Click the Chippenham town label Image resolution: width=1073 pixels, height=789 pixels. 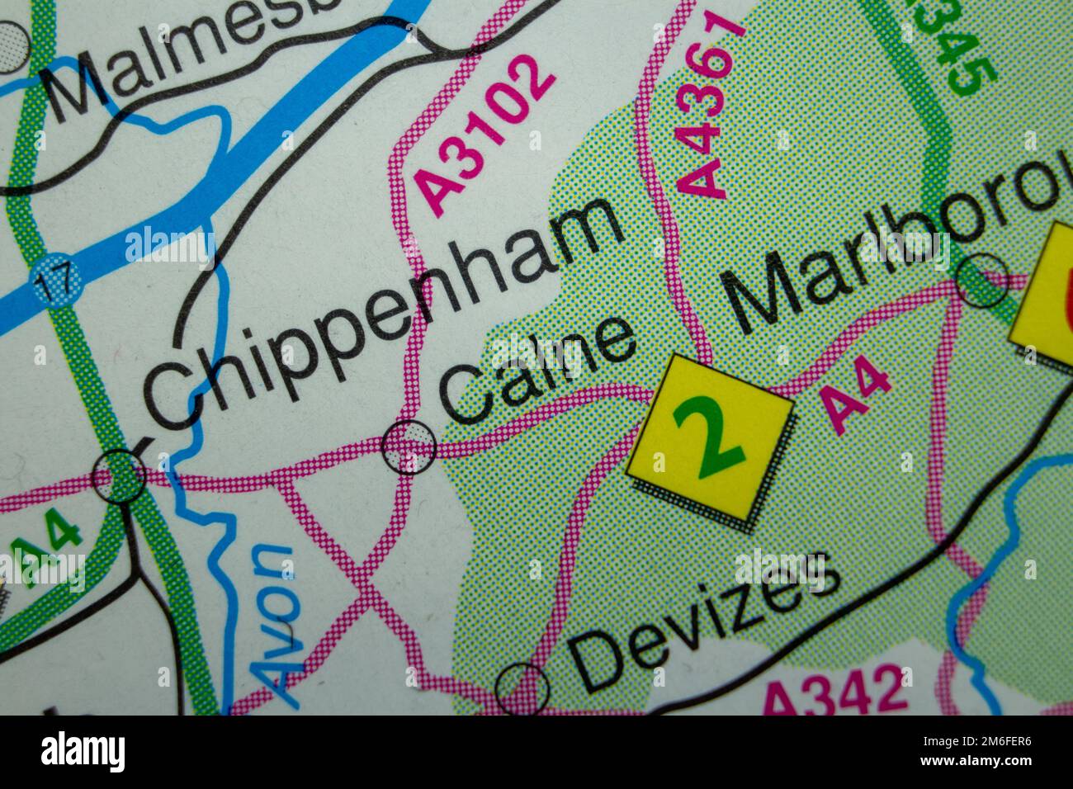click(x=380, y=314)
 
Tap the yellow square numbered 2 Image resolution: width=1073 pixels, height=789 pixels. click(x=710, y=437)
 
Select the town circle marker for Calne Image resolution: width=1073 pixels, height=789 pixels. click(x=409, y=446)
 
